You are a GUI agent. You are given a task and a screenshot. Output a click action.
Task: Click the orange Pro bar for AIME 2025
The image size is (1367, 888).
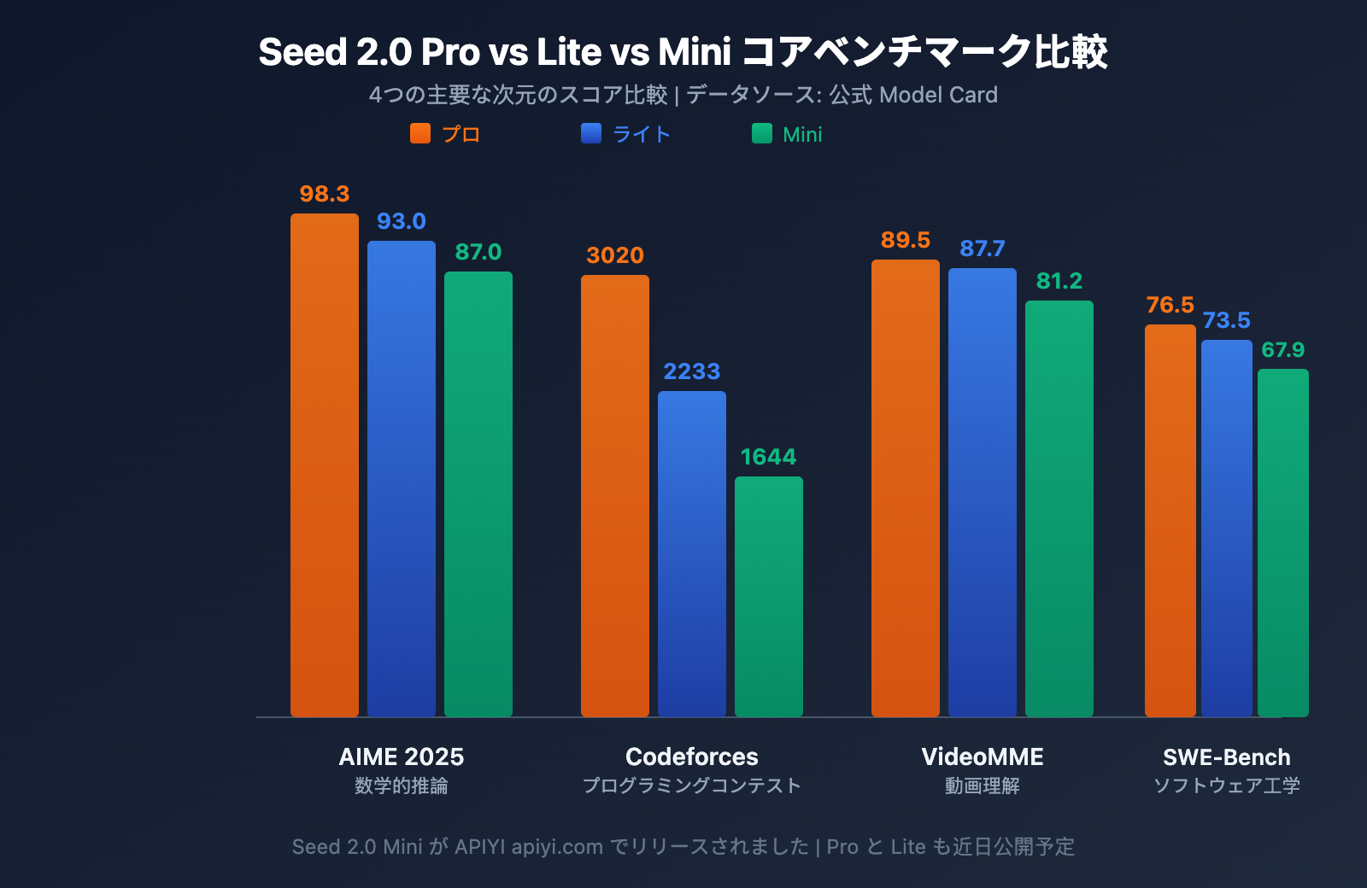point(325,465)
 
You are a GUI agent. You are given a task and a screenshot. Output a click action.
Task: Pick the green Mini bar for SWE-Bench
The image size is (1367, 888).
point(1282,542)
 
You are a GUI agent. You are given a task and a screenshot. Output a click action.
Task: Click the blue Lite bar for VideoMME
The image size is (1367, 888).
point(983,493)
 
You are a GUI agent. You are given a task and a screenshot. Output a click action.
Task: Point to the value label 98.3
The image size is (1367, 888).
point(325,194)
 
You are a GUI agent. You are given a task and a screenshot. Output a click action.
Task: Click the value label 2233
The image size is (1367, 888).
point(692,371)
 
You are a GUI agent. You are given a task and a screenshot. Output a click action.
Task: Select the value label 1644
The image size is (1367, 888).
point(768,457)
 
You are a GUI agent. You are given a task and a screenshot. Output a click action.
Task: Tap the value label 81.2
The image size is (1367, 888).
point(1059,281)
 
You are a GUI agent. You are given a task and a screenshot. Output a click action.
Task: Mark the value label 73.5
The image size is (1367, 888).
point(1226,320)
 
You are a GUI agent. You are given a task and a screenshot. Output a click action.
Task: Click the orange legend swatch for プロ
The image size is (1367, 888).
point(420,133)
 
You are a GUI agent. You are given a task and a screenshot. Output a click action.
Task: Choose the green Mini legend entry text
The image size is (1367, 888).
point(802,135)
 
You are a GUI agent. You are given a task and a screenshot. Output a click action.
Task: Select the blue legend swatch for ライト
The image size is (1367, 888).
point(591,133)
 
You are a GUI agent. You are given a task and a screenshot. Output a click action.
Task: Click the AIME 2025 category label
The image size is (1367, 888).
point(402,757)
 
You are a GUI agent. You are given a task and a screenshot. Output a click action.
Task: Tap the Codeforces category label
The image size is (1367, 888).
point(692,757)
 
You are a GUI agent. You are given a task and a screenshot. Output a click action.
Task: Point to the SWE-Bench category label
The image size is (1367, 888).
point(1226,757)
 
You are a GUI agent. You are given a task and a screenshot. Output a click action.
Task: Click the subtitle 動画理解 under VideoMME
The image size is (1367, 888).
point(983,786)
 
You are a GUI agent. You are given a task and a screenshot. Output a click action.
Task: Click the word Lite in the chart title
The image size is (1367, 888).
point(569,52)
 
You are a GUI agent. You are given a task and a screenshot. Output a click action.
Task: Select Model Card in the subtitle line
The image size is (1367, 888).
point(938,95)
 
